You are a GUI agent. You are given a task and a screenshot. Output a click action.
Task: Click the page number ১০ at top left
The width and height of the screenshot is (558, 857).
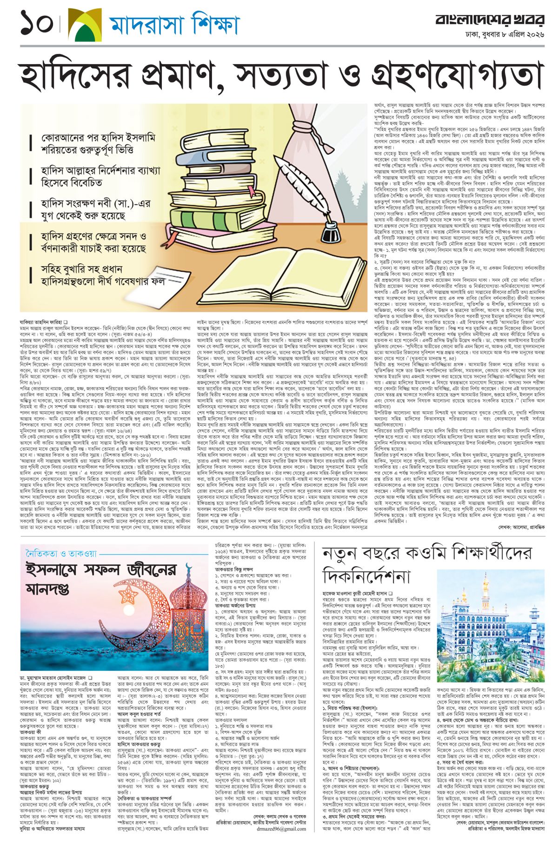coord(37,23)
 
